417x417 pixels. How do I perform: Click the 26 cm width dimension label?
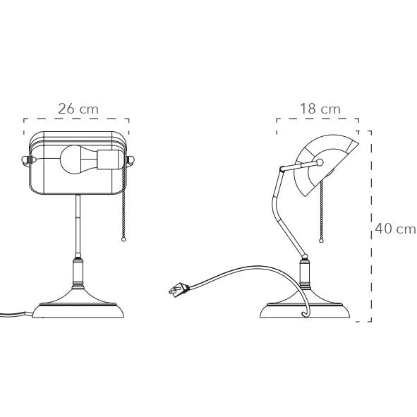tap(78, 109)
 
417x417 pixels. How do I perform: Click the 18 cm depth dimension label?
tap(320, 109)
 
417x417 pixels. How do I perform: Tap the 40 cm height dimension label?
tap(395, 229)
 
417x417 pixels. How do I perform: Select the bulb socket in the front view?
tap(110, 159)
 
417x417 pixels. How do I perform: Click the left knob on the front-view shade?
tap(26, 161)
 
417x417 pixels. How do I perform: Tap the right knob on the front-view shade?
tap(131, 160)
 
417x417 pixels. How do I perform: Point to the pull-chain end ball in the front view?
tap(123, 239)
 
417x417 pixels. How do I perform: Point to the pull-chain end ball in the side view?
tap(322, 241)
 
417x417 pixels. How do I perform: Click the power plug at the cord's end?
tap(179, 289)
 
